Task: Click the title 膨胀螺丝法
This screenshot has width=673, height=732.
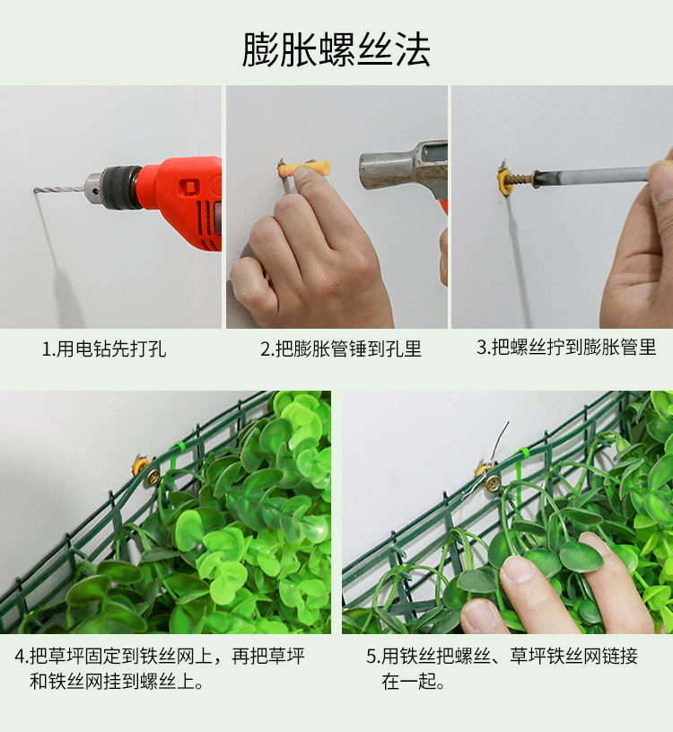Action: point(336,49)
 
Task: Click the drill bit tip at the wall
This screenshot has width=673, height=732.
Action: point(34,190)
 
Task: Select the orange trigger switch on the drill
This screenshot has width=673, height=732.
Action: point(189,186)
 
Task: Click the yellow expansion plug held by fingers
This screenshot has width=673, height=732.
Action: point(304,169)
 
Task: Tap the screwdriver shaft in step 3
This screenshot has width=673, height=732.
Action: point(592,175)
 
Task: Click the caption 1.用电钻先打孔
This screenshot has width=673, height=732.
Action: point(104,348)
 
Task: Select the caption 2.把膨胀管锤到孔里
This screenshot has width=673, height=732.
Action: point(341,348)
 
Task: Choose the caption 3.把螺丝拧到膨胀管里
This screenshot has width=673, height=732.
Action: point(566,347)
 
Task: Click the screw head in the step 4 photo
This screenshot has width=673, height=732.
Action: point(152,477)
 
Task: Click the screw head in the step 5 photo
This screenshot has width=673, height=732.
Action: point(492,482)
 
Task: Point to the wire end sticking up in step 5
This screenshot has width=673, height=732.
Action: point(507,423)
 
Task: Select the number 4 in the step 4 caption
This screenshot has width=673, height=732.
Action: point(19,657)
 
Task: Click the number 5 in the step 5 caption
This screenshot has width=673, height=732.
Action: point(371,657)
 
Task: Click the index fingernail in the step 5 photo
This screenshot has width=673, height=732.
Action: point(517,570)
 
